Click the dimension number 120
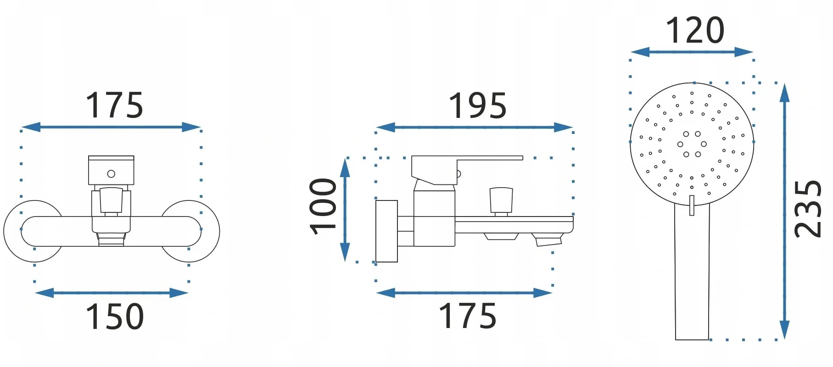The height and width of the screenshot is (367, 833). click(695, 31)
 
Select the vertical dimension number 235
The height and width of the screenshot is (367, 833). click(808, 209)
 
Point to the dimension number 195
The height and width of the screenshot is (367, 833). click(477, 106)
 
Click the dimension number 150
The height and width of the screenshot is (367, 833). click(115, 317)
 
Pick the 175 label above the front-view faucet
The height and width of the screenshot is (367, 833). click(115, 106)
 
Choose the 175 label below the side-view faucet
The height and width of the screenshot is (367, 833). click(468, 316)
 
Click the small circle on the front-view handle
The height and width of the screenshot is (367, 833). click(111, 174)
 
